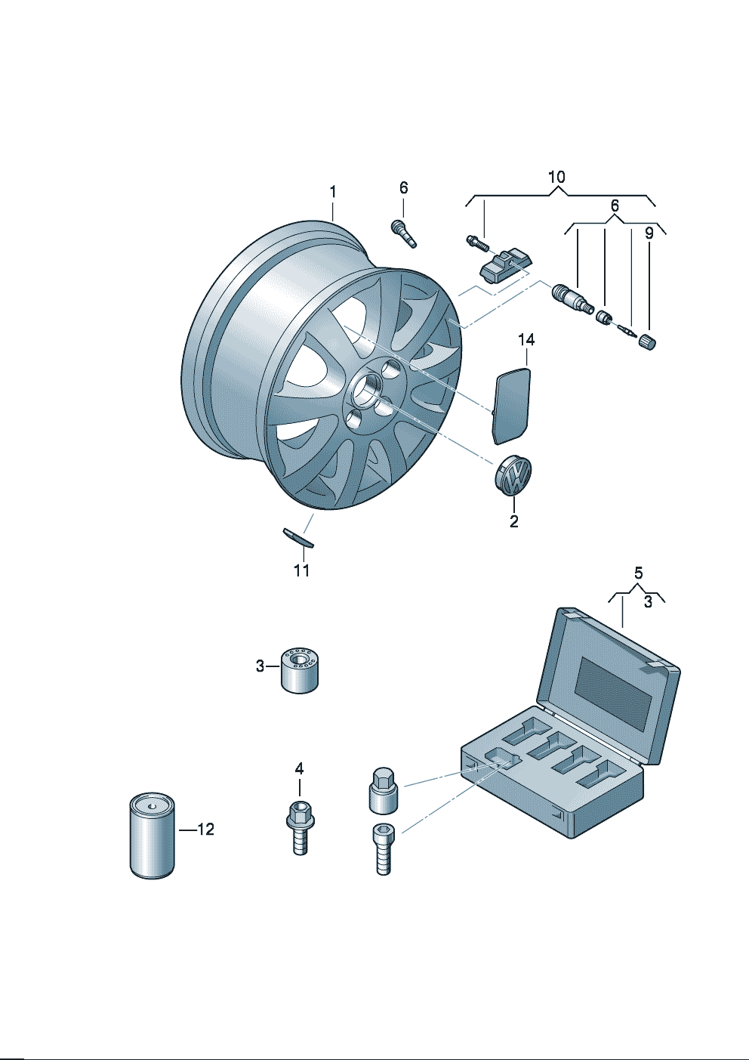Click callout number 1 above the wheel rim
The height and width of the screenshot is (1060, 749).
pos(333,192)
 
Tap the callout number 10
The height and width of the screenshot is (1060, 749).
pos(556,178)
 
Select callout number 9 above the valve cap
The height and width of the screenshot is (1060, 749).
pos(649,233)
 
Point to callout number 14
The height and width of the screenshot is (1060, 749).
pos(526,340)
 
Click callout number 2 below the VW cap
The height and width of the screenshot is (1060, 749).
pos(514,521)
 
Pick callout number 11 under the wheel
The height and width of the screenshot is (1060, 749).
pos(302,570)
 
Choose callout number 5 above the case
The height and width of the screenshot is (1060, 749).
pos(638,573)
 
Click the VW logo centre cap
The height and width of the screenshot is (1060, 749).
pos(513,477)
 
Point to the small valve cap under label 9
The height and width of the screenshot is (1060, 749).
pos(648,342)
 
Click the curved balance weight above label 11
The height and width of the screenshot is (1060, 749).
pos(298,538)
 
